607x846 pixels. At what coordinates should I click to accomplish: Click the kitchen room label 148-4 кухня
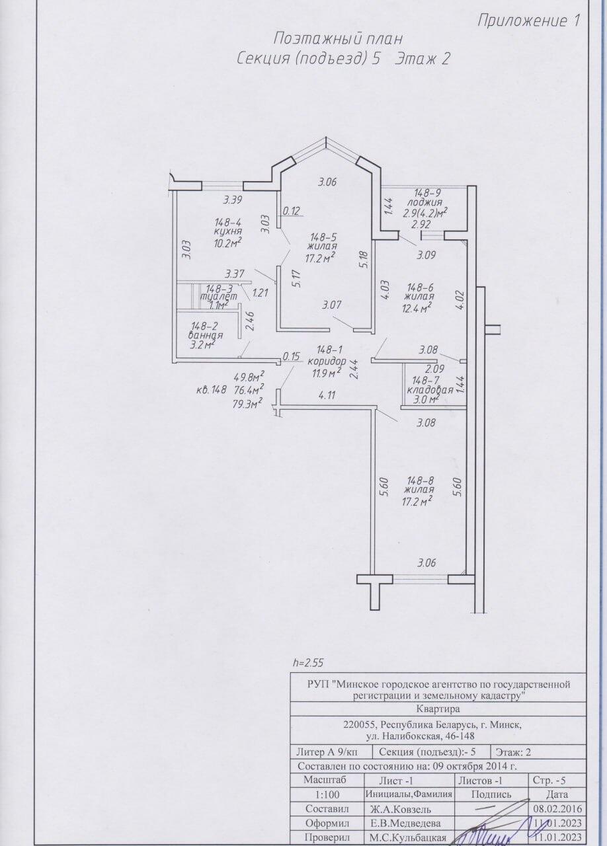coord(228,226)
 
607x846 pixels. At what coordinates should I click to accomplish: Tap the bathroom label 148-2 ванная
coord(206,330)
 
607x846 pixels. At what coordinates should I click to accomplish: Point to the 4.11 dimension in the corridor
coord(327,395)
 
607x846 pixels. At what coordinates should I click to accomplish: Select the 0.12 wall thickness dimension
coord(291,211)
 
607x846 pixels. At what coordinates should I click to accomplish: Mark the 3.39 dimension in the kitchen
coord(233,200)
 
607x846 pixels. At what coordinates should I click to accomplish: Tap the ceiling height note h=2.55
coord(308,663)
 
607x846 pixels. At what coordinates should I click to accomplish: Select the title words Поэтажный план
coord(338,39)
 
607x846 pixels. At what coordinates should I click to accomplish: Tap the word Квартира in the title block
coord(438,709)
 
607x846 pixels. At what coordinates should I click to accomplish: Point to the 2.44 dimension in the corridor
coord(354,369)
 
